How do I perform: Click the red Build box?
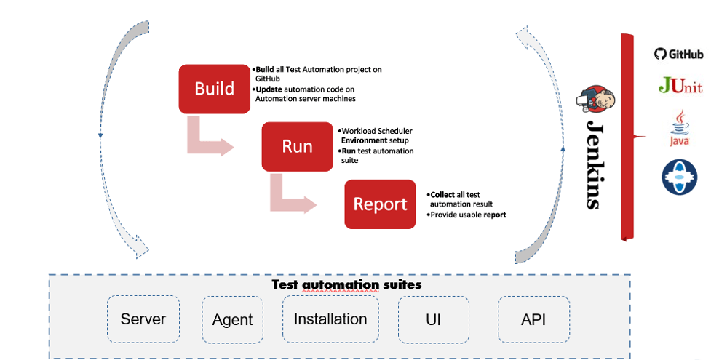[x=215, y=89]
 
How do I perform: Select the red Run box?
[x=297, y=146]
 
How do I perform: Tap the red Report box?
[x=380, y=204]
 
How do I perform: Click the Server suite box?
[x=143, y=319]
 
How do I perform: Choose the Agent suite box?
[x=232, y=319]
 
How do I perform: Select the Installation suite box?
[x=330, y=319]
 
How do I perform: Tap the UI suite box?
[x=433, y=319]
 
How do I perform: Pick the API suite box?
[x=533, y=319]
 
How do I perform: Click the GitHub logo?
[x=679, y=54]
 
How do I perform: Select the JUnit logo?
[x=680, y=86]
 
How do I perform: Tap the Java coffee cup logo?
[x=680, y=129]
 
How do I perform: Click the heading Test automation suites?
[x=346, y=284]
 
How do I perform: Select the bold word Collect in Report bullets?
[x=442, y=195]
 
